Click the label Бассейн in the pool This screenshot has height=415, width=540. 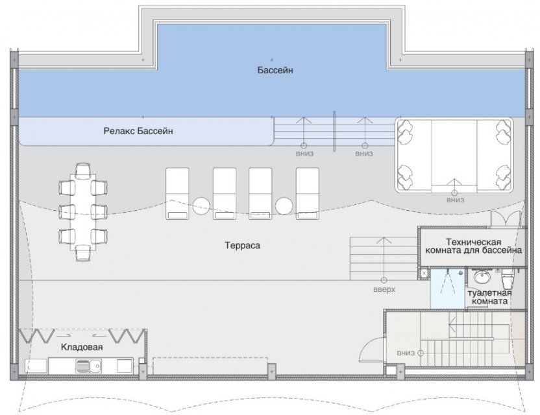click(275, 70)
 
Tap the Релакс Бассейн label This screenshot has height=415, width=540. click(138, 131)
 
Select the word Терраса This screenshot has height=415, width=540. click(243, 246)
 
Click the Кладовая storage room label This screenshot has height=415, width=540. click(82, 347)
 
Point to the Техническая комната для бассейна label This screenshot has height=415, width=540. click(474, 246)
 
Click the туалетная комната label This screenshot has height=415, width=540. click(489, 297)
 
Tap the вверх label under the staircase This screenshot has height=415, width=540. click(384, 290)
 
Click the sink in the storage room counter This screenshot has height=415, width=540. click(88, 366)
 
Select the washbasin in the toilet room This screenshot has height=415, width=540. click(482, 277)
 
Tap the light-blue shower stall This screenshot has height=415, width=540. click(447, 289)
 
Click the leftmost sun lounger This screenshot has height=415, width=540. click(177, 193)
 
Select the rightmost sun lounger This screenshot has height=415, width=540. click(308, 193)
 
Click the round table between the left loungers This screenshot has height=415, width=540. click(201, 206)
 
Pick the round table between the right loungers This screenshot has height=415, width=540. click(284, 206)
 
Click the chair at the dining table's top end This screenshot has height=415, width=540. click(83, 171)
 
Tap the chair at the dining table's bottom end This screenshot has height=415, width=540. click(83, 253)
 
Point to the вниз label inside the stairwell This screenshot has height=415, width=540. click(406, 353)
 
